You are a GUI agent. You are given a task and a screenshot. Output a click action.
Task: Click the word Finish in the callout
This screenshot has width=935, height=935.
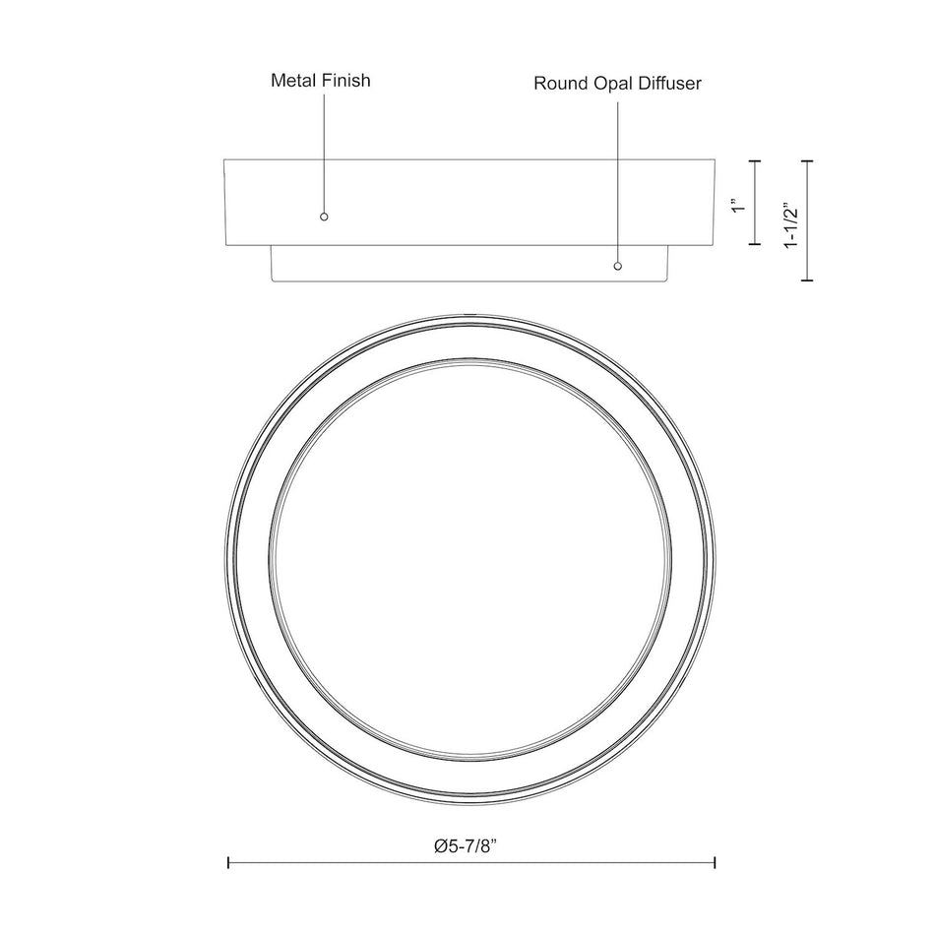click(346, 81)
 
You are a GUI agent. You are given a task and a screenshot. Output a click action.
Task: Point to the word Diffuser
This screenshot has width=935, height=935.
click(670, 84)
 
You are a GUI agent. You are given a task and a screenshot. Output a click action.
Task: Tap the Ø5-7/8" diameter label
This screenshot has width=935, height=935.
click(466, 846)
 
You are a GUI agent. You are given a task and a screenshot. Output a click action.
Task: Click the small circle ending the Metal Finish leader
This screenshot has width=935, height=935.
click(324, 217)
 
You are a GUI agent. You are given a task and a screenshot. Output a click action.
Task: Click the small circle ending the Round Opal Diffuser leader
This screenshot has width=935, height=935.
click(618, 266)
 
